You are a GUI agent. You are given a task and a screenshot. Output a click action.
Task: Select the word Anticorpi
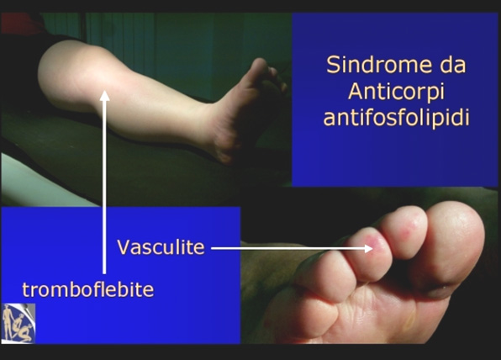[x=396, y=92]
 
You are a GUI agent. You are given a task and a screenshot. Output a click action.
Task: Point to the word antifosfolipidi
[x=396, y=117]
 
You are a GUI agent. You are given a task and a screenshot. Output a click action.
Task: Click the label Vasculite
[x=161, y=247]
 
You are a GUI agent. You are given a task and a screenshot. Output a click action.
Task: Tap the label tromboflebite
[x=88, y=289]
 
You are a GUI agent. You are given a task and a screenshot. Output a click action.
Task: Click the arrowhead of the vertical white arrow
[x=104, y=96]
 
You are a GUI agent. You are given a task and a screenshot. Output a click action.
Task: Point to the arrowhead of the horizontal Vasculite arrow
[x=368, y=248]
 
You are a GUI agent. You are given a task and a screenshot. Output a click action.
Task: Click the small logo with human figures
[x=18, y=323]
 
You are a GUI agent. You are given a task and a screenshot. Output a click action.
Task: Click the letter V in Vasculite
[x=124, y=247]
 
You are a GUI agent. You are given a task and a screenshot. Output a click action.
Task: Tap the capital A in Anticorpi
[x=356, y=92]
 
